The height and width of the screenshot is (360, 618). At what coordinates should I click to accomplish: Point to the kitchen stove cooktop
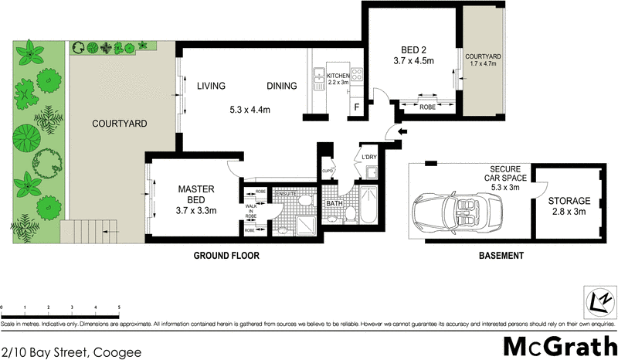tap(358, 75)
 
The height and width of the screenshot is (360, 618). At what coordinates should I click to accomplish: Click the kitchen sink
tap(317, 76)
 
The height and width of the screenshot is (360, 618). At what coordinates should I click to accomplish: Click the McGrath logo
tap(560, 345)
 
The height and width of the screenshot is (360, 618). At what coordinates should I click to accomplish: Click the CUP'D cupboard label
tap(328, 171)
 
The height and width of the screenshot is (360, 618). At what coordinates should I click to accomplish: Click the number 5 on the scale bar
tap(119, 307)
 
